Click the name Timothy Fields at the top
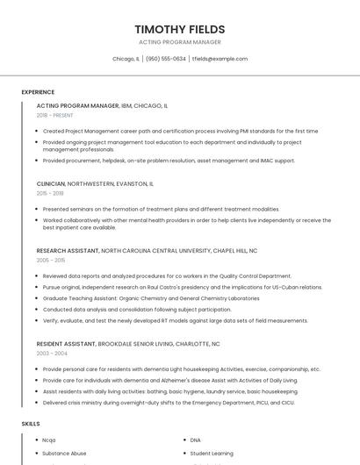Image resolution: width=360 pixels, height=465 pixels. (x=179, y=29)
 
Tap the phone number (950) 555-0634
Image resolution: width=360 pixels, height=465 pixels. (x=166, y=59)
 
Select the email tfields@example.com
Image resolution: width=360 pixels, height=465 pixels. (x=220, y=59)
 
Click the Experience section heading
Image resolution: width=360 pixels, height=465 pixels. (x=38, y=92)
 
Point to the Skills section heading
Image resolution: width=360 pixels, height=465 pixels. (x=31, y=424)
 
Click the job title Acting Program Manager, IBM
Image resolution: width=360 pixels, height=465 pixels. (x=77, y=105)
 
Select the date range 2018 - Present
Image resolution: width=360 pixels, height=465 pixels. (x=55, y=115)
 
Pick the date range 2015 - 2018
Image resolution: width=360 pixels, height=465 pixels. (x=50, y=193)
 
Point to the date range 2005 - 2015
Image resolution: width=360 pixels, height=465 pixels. (x=51, y=260)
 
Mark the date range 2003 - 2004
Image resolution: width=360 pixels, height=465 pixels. (x=51, y=354)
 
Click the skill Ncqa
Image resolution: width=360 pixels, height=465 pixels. (x=49, y=440)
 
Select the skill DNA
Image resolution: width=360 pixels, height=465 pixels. (x=196, y=440)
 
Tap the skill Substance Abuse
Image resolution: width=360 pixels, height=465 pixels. (x=64, y=453)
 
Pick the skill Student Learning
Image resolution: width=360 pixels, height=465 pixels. (x=212, y=453)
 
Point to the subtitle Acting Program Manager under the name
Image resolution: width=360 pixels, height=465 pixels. (x=179, y=42)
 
